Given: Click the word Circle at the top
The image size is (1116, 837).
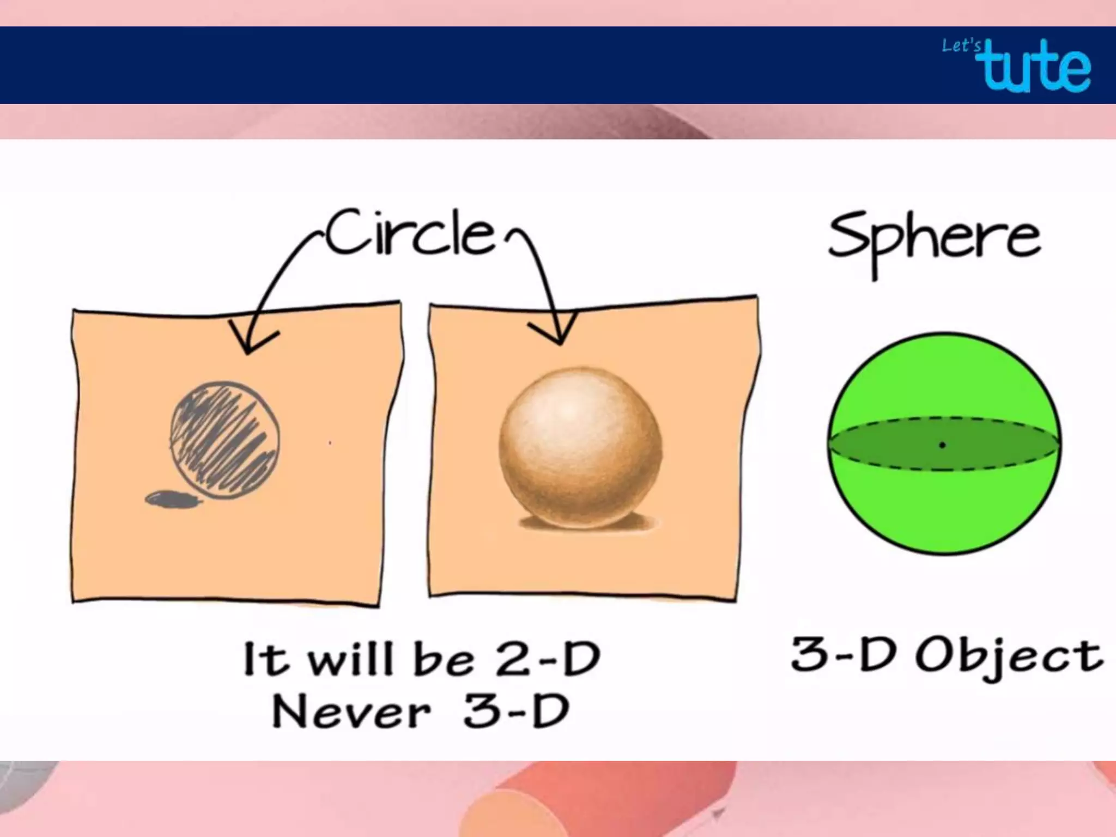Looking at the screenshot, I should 411,234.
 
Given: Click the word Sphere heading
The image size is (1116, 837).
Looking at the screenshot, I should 934,240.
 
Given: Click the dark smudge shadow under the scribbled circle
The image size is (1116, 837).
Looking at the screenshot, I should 172,499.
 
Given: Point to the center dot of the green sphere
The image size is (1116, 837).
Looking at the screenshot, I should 942,445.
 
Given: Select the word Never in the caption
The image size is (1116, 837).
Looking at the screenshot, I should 351,712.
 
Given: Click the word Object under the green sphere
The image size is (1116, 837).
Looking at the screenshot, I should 1009,657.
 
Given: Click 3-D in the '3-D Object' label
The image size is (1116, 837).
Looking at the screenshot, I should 842,654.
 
